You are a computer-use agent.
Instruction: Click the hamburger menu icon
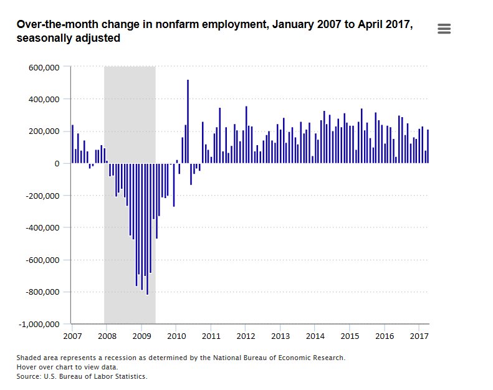point(444,29)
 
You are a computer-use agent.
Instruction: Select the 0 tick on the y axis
point(56,163)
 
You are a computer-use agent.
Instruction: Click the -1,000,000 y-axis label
point(39,325)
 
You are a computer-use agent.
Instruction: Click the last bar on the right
point(428,146)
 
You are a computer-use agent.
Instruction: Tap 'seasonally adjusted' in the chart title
point(69,39)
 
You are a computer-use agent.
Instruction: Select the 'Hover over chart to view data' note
point(67,367)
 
